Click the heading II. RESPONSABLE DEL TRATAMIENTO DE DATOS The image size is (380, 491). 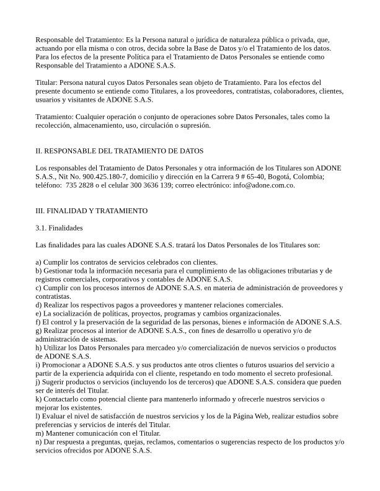coord(120,151)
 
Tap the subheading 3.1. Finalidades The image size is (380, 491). coord(59,228)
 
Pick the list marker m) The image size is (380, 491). coord(40,433)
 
